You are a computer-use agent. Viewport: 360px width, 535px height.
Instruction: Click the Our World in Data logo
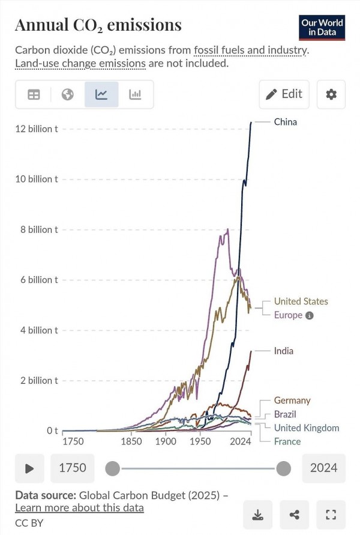click(x=322, y=28)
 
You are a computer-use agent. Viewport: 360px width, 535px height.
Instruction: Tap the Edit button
click(x=284, y=94)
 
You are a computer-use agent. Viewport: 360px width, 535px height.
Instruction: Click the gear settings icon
click(x=331, y=94)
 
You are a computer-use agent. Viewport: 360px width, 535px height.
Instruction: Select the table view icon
click(x=34, y=94)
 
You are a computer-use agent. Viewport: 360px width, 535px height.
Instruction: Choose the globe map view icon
click(x=67, y=94)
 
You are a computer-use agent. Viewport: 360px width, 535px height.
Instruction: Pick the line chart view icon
click(x=101, y=94)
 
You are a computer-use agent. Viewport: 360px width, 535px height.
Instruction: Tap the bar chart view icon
click(x=135, y=94)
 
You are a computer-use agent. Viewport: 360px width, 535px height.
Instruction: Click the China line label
click(x=286, y=122)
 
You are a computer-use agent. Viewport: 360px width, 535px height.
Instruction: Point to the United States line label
click(x=301, y=301)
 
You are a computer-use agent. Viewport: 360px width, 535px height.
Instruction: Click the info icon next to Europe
click(x=309, y=316)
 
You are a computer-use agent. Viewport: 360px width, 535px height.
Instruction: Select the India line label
click(x=284, y=351)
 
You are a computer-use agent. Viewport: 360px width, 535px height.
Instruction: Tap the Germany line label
click(x=292, y=400)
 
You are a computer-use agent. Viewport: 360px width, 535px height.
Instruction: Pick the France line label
click(x=287, y=441)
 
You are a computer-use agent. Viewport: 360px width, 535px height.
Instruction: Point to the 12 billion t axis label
click(x=37, y=128)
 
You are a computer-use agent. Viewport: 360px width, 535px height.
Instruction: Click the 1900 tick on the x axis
click(x=166, y=441)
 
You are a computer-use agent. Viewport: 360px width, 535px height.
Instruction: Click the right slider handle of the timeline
click(x=283, y=468)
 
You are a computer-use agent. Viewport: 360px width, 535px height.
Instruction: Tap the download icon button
click(x=258, y=515)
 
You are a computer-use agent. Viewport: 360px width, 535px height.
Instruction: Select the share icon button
click(x=294, y=515)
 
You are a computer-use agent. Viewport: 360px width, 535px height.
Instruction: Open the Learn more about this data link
click(x=79, y=508)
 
